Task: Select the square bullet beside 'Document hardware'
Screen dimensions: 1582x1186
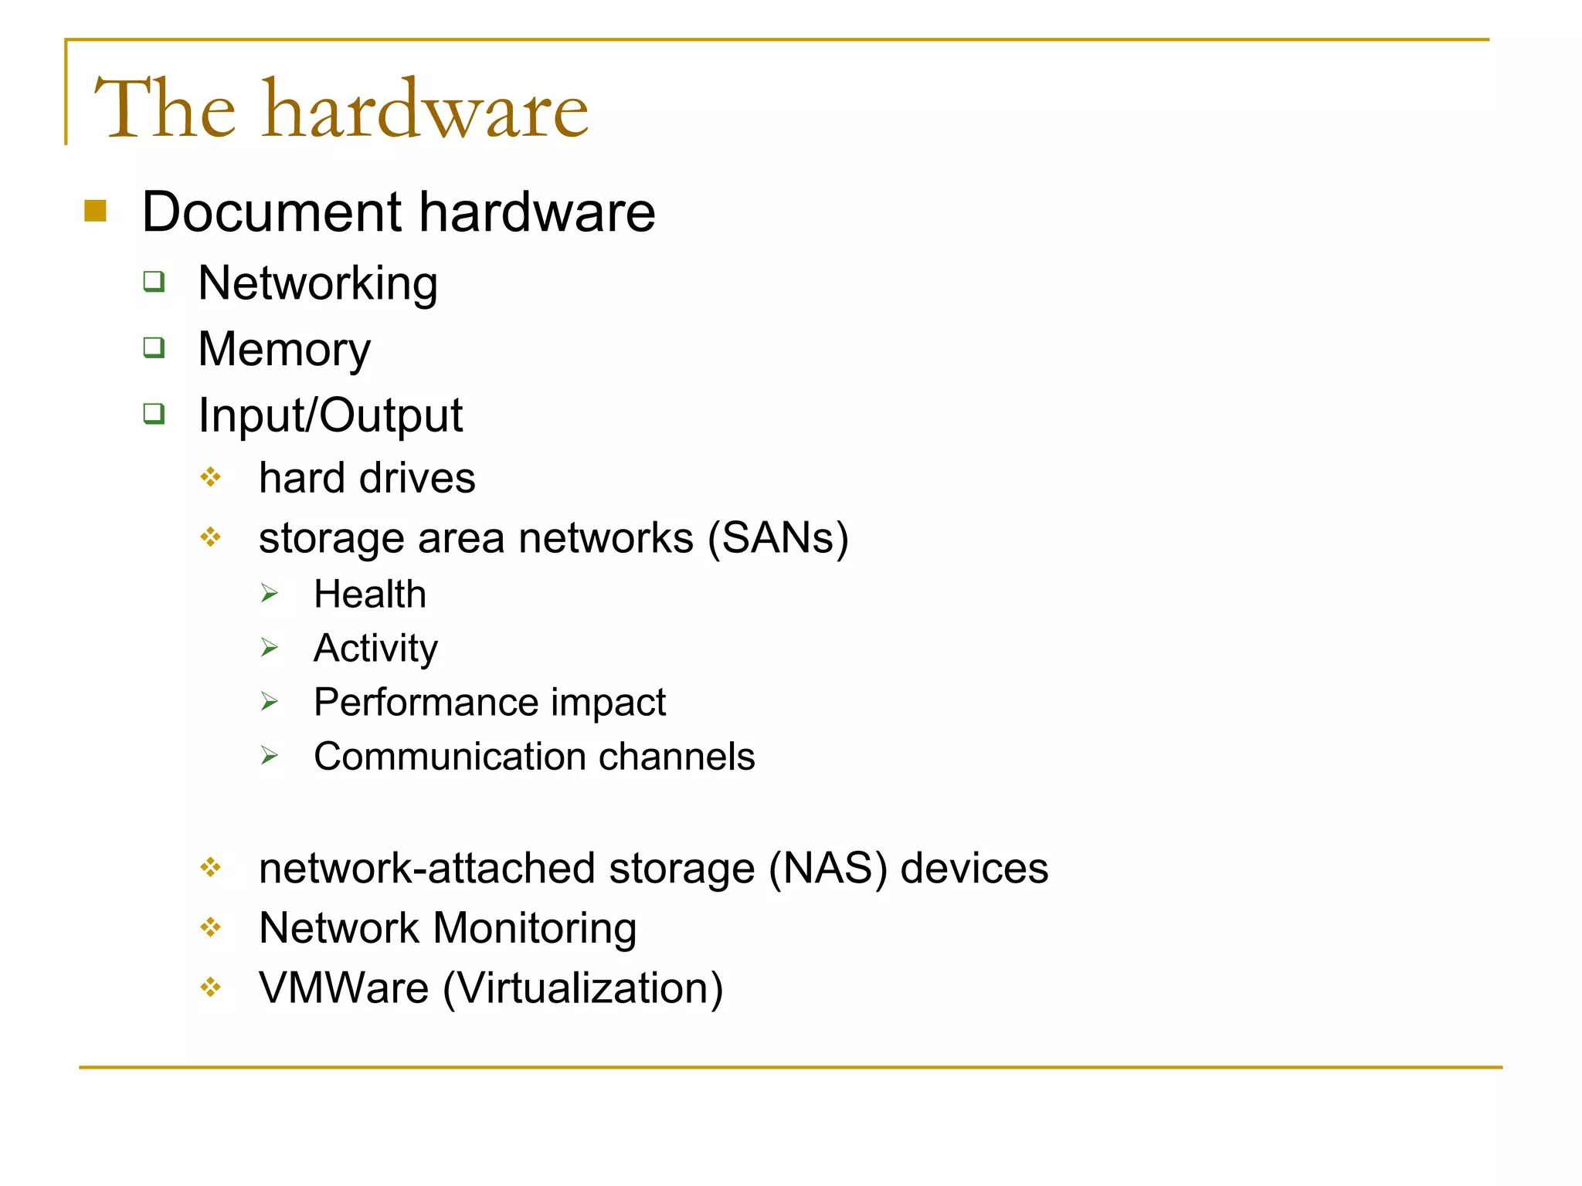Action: [95, 211]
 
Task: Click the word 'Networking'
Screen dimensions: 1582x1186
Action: [317, 283]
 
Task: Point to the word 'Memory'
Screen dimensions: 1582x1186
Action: [284, 350]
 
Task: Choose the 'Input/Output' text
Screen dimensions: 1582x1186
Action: [330, 415]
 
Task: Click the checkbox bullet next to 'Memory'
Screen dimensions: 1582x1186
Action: [154, 347]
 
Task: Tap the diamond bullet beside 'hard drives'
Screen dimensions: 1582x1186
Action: [210, 477]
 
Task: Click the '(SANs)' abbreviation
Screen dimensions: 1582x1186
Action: [779, 537]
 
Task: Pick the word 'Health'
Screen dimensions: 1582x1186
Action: [370, 595]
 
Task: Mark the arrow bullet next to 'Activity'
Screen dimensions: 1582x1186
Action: [269, 647]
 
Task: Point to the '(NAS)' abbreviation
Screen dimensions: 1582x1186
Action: [828, 868]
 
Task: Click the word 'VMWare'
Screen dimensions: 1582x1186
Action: [344, 988]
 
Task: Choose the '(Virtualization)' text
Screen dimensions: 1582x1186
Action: [583, 988]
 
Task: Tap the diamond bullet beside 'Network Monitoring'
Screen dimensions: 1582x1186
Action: [210, 927]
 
